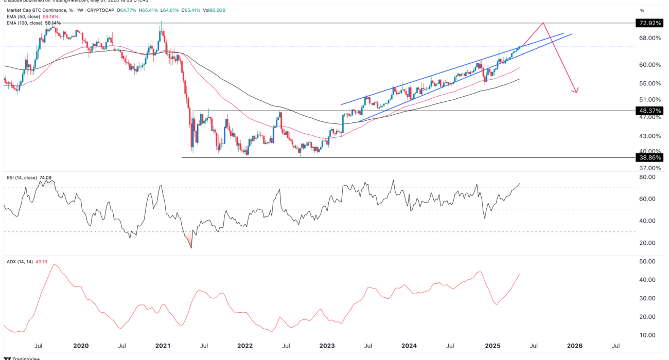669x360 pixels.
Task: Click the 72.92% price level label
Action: click(649, 24)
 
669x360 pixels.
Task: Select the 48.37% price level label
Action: click(649, 111)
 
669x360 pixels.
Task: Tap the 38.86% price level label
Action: click(649, 158)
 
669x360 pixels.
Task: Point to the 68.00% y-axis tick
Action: click(650, 38)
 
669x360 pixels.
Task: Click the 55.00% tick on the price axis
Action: click(650, 83)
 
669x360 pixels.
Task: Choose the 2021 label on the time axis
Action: click(163, 346)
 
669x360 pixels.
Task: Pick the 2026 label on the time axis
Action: click(575, 346)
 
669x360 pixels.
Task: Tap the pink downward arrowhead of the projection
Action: click(576, 91)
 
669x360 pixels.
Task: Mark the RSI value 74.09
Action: click(46, 178)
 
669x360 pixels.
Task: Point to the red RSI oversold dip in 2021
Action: click(191, 242)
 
